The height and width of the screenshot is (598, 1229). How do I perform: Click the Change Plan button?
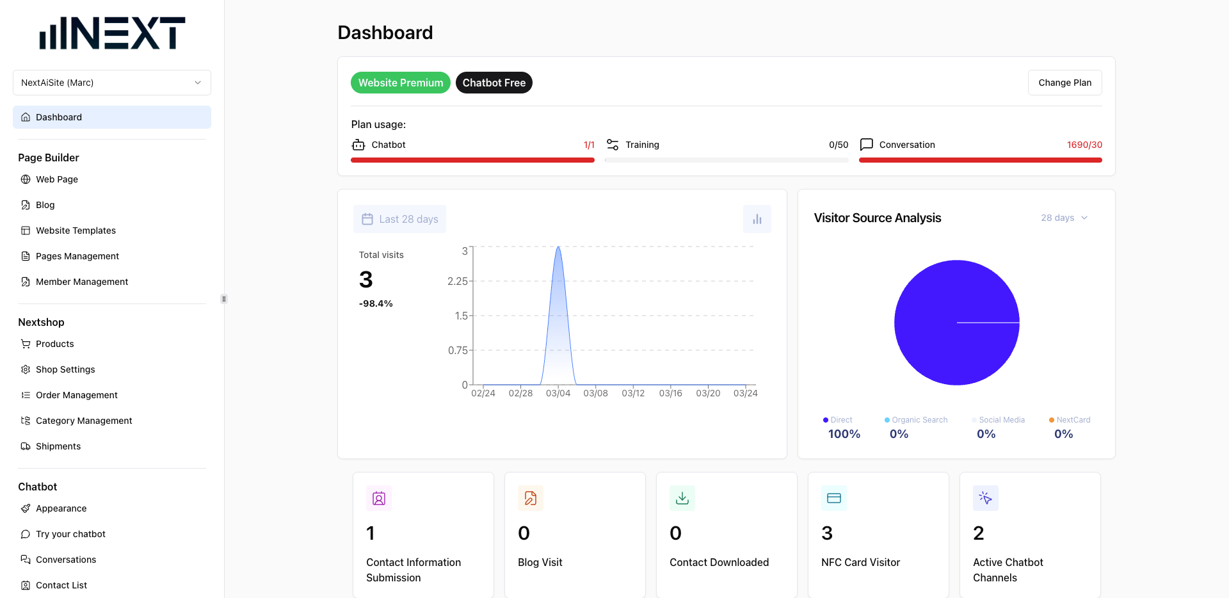coord(1064,83)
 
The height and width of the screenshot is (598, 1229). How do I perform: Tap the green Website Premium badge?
coord(400,83)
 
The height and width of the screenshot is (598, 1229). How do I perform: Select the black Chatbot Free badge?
coord(494,83)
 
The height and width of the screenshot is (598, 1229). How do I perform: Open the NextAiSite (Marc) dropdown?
coord(112,83)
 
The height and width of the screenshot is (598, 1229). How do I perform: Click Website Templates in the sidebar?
coord(76,230)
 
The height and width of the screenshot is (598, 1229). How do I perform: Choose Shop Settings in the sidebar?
coord(65,369)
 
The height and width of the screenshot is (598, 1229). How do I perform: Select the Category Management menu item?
coord(84,421)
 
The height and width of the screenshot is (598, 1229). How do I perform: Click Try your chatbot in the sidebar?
coord(70,534)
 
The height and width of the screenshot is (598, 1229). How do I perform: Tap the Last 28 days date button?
coord(399,219)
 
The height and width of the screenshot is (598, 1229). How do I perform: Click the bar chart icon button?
coord(757,219)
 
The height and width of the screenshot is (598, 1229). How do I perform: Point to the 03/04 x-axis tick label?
coord(558,393)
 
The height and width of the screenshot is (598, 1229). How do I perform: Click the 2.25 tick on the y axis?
coord(457,281)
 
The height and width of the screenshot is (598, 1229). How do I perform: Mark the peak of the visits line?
coord(558,247)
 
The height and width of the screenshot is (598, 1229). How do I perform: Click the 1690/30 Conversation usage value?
coord(1084,145)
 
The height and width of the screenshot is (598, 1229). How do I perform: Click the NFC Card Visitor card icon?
coord(833,498)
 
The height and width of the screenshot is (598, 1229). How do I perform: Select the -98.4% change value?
coord(376,303)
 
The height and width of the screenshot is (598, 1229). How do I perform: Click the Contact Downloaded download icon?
coord(682,498)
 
